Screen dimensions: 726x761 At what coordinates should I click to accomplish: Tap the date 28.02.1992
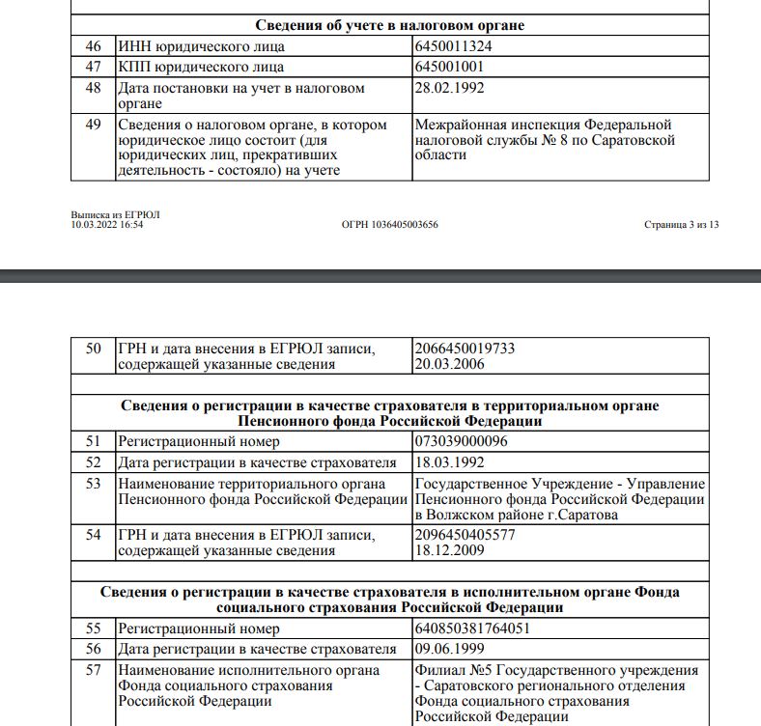(449, 88)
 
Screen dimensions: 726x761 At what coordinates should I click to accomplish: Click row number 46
(94, 45)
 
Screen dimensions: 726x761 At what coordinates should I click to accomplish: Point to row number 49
(94, 125)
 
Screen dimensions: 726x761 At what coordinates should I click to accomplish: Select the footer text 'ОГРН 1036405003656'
(390, 224)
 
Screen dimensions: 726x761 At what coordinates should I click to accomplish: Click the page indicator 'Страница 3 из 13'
(681, 224)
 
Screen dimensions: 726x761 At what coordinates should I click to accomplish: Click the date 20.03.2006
(449, 365)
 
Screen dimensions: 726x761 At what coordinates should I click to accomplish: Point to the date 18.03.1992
(449, 462)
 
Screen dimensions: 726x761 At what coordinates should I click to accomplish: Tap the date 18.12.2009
(449, 551)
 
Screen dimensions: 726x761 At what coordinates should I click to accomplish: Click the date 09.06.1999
(449, 649)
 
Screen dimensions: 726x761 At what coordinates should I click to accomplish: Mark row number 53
(94, 483)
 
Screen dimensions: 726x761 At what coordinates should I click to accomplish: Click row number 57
(94, 669)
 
